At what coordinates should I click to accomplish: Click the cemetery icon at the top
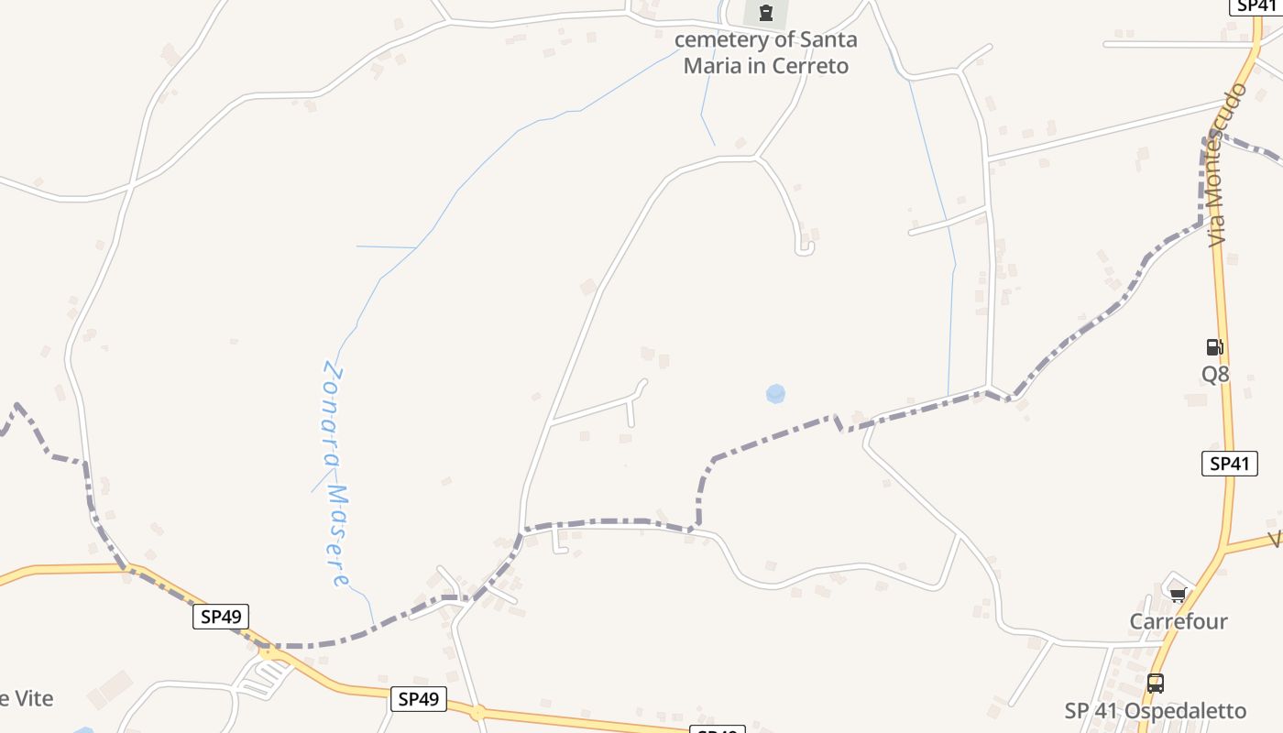pyautogui.click(x=766, y=13)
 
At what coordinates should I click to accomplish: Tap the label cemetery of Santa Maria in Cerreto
pyautogui.click(x=766, y=52)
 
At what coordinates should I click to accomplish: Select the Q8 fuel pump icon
pyautogui.click(x=1214, y=347)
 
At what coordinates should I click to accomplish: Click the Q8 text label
pyautogui.click(x=1215, y=374)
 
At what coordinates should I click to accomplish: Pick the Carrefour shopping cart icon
pyautogui.click(x=1178, y=596)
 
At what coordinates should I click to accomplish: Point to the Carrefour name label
pyautogui.click(x=1178, y=621)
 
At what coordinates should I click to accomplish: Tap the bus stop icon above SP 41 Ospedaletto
pyautogui.click(x=1156, y=683)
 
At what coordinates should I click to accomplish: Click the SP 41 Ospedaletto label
pyautogui.click(x=1155, y=711)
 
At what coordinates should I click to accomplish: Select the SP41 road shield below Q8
pyautogui.click(x=1229, y=464)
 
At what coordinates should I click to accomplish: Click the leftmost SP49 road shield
pyautogui.click(x=221, y=617)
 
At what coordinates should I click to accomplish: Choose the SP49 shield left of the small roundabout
pyautogui.click(x=419, y=699)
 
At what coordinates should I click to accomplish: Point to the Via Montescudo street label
pyautogui.click(x=1228, y=165)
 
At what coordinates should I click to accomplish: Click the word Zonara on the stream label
pyautogui.click(x=334, y=412)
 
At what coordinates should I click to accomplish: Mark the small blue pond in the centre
pyautogui.click(x=775, y=394)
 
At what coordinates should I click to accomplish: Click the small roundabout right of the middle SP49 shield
pyautogui.click(x=477, y=712)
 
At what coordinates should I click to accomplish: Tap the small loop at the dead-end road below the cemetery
pyautogui.click(x=805, y=247)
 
